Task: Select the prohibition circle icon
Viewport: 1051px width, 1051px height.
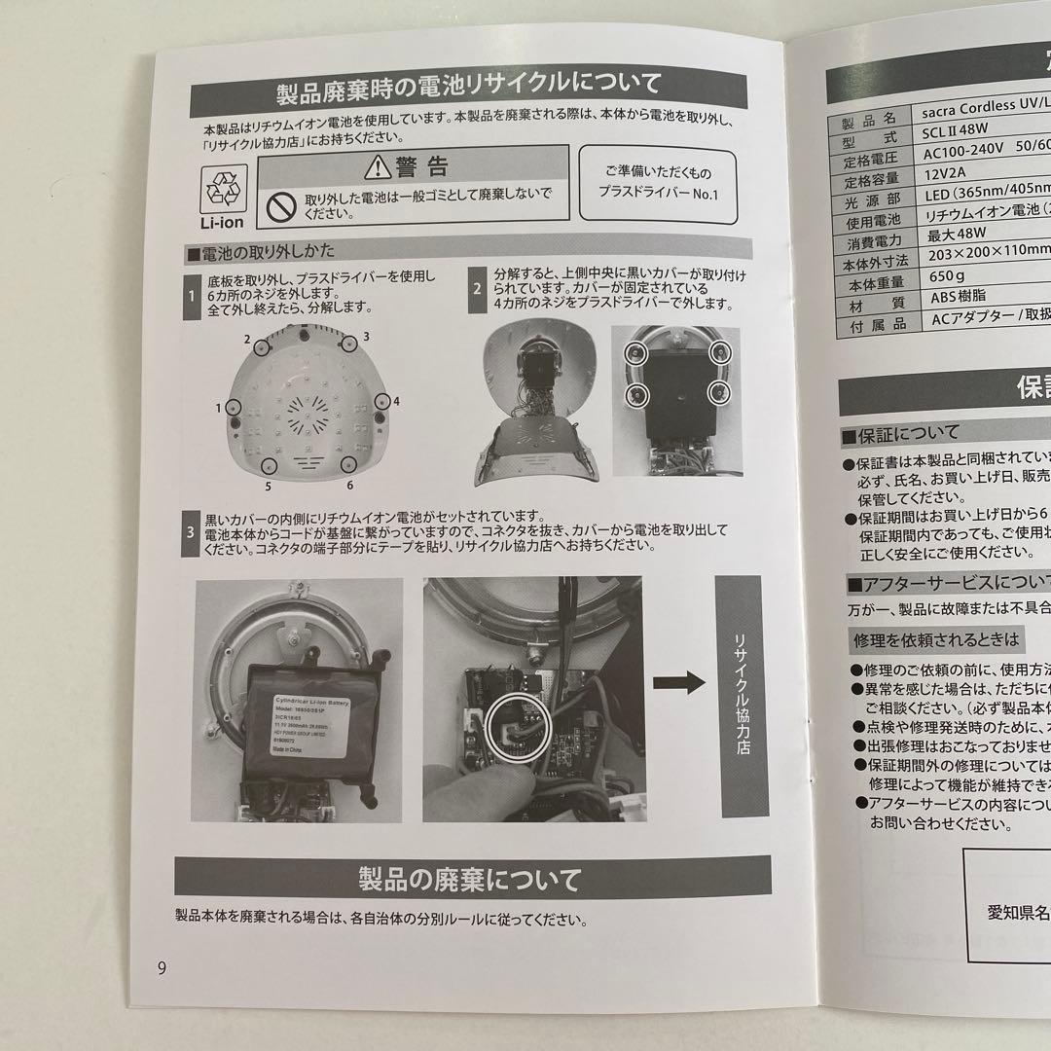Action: click(282, 205)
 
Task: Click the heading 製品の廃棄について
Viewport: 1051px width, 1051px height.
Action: click(471, 882)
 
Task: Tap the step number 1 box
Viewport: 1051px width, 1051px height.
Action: click(192, 290)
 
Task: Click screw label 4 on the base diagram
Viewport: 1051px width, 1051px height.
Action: click(396, 400)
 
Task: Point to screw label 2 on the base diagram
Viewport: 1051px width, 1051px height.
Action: click(248, 340)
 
